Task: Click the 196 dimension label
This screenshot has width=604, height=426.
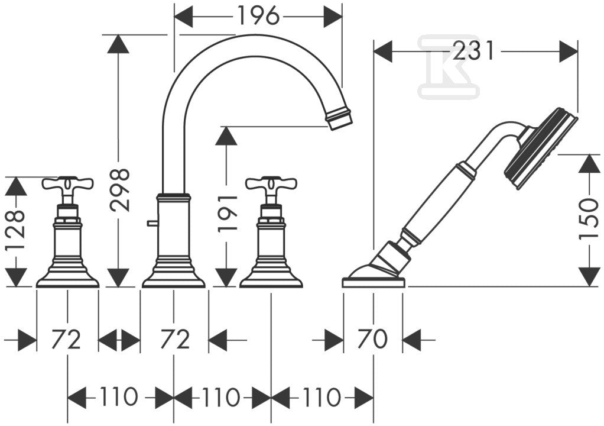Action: (258, 16)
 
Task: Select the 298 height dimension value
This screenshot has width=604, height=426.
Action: (119, 190)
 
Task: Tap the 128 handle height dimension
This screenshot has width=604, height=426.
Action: (16, 230)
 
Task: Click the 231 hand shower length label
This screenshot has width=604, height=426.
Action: (473, 50)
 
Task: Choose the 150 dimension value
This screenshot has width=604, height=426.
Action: (589, 219)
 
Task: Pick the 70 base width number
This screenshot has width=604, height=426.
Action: (373, 339)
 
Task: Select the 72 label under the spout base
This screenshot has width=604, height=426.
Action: (175, 339)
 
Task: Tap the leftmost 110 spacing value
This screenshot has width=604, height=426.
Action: (119, 396)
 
